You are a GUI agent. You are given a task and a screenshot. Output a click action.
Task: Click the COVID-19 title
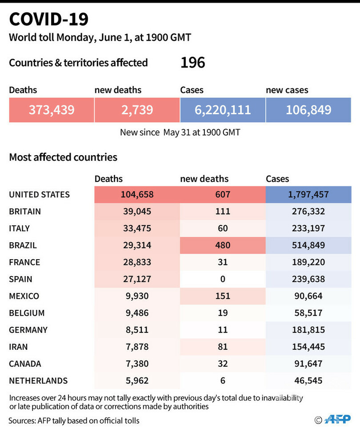48,19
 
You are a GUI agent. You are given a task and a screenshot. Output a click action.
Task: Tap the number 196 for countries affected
193,62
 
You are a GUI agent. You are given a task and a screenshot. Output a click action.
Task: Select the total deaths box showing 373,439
52,110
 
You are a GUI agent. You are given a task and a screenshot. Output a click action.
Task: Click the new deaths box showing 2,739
137,110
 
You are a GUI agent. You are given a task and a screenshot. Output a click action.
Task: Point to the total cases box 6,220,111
223,110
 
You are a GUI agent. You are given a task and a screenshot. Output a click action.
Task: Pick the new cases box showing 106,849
308,110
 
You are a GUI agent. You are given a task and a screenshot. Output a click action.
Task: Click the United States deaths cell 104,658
137,195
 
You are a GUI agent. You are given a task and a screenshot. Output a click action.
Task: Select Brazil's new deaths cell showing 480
223,245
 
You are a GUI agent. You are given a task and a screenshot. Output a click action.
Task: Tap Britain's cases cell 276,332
308,212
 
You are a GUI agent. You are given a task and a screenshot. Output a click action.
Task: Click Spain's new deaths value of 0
223,279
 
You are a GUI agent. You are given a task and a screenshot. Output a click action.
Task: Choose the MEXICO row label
24,296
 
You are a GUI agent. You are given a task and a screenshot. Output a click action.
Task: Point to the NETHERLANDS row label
38,381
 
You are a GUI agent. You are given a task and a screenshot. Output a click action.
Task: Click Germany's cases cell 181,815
308,330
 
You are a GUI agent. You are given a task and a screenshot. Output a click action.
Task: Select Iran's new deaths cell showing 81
223,347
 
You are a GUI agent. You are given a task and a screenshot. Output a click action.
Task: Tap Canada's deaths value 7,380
137,364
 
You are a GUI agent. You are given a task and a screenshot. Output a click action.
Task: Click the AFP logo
338,420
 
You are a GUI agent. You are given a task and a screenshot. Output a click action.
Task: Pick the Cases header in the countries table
277,179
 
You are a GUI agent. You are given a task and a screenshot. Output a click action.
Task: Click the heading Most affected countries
63,157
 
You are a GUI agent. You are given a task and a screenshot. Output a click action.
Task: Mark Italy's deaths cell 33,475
137,229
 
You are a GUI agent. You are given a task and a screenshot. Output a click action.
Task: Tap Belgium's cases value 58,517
308,313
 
